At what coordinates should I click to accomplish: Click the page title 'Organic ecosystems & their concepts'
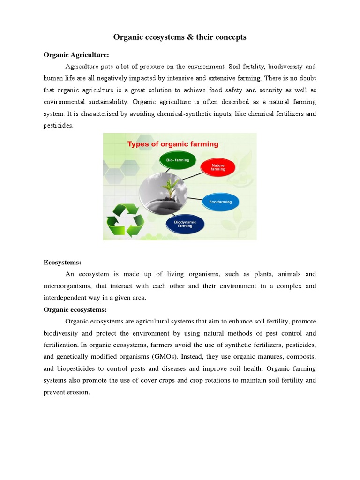click(180, 37)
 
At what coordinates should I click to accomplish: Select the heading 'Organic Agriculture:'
click(76, 55)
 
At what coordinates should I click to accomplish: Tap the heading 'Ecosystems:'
click(62, 262)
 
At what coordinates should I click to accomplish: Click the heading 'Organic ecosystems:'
click(75, 309)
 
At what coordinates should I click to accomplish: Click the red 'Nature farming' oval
click(218, 167)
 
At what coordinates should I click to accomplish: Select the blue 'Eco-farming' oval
click(220, 202)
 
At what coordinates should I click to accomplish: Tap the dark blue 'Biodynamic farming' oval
click(185, 224)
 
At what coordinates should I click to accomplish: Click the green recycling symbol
click(125, 220)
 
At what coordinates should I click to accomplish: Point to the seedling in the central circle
click(167, 187)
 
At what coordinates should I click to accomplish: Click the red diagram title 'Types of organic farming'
click(173, 144)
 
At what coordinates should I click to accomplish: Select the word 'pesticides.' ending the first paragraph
click(59, 126)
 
